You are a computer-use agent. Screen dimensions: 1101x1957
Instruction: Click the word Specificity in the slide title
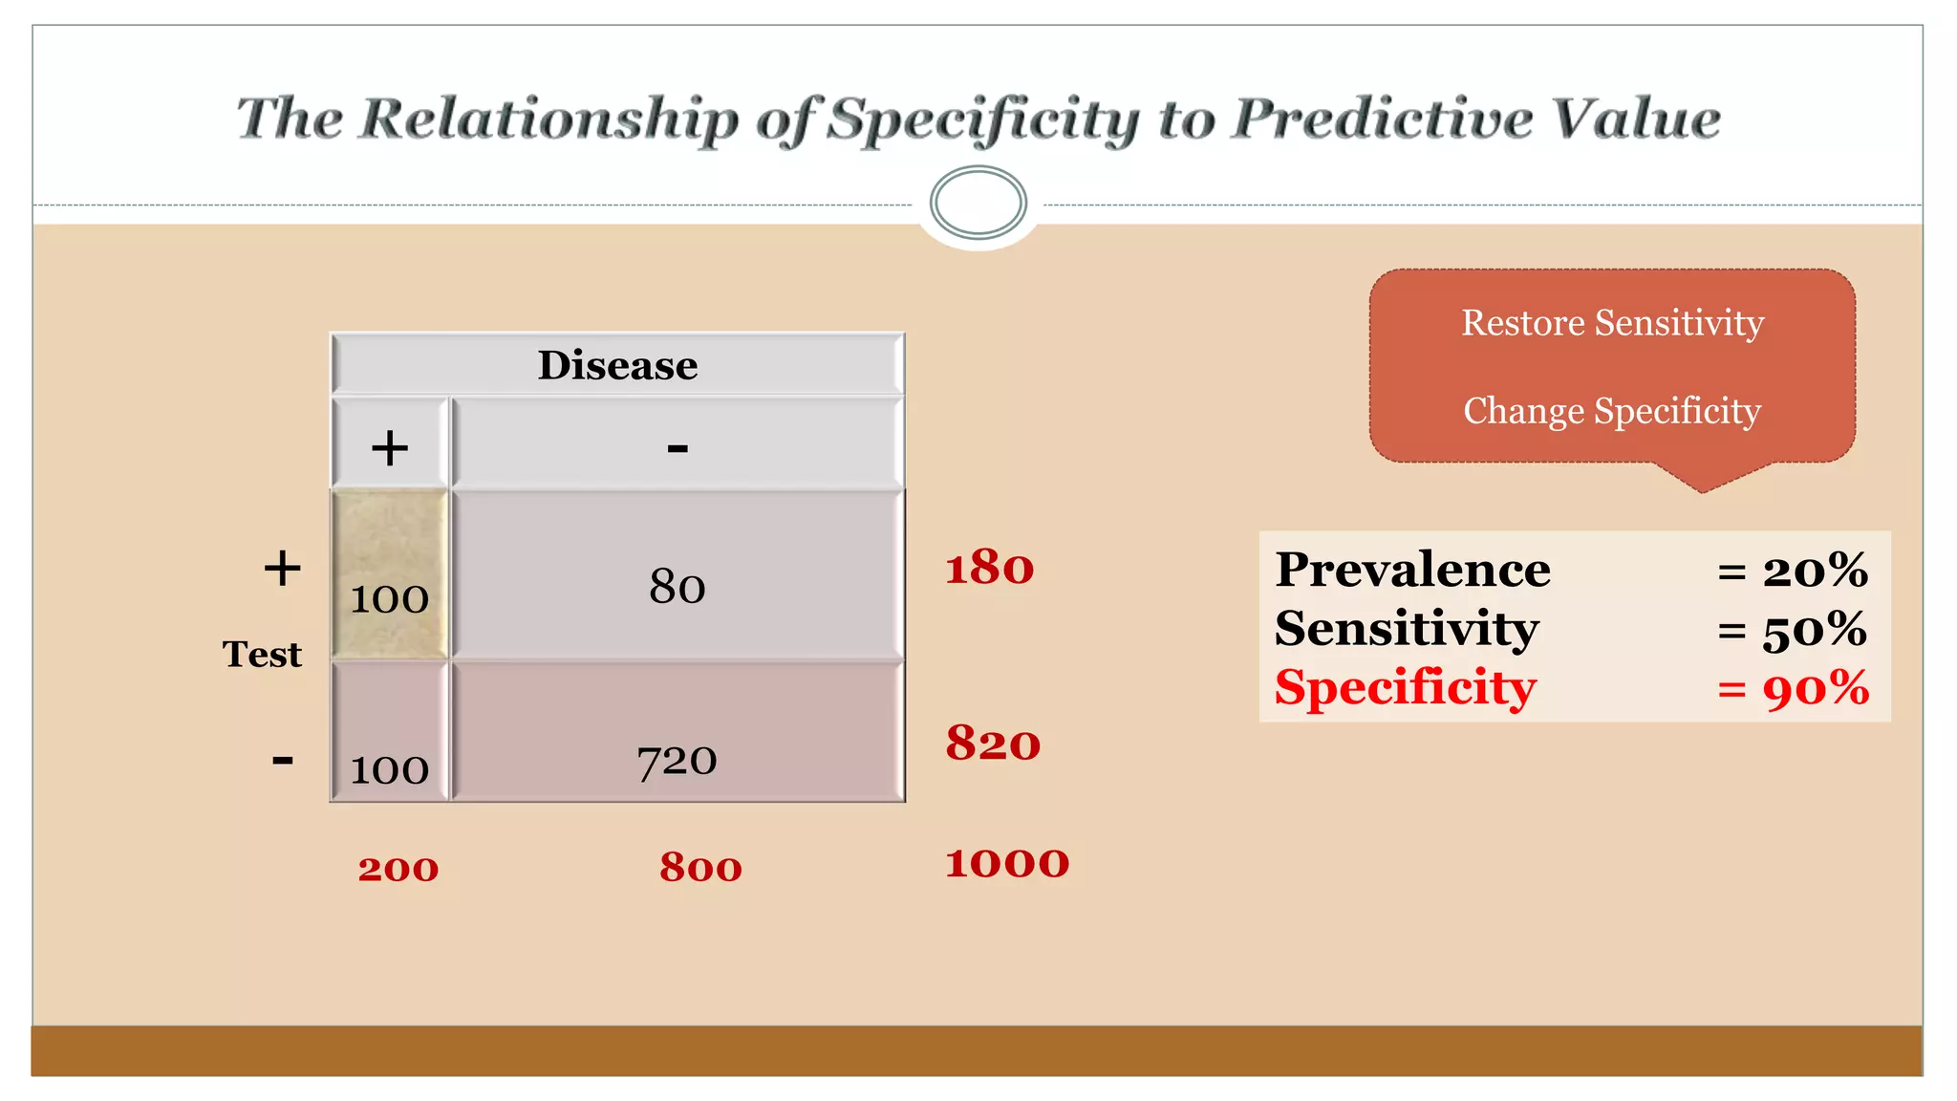pos(983,121)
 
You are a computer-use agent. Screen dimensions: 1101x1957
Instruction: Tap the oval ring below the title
pos(978,203)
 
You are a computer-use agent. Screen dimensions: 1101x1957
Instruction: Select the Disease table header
pos(617,365)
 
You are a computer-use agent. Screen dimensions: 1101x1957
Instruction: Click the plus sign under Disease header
pos(390,447)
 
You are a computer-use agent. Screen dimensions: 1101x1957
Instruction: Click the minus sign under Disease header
pos(677,447)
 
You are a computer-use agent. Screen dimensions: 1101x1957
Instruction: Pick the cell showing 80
pos(677,586)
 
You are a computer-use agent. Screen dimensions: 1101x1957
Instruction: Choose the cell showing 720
pos(677,761)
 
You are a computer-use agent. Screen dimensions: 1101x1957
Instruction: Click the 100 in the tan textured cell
pos(390,599)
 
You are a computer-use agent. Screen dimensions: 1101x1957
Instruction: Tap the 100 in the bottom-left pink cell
pos(390,769)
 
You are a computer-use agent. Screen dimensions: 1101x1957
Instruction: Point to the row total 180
pos(989,568)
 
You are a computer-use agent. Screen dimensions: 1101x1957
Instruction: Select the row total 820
pos(993,744)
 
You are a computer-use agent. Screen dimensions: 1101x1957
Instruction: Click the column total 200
pos(398,869)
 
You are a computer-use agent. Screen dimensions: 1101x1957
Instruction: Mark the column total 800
pos(700,868)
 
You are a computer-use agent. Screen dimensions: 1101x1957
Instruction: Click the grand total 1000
pos(1007,863)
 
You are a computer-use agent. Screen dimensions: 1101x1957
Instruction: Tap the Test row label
pos(262,655)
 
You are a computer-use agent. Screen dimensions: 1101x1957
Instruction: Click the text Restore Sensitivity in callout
pos(1612,323)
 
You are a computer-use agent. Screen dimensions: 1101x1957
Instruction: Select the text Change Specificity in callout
pos(1612,411)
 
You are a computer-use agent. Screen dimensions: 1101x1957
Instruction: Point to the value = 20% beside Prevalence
pos(1793,571)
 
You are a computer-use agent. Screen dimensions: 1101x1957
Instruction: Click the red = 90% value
pos(1793,688)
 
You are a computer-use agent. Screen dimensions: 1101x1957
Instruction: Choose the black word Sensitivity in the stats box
pos(1407,629)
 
